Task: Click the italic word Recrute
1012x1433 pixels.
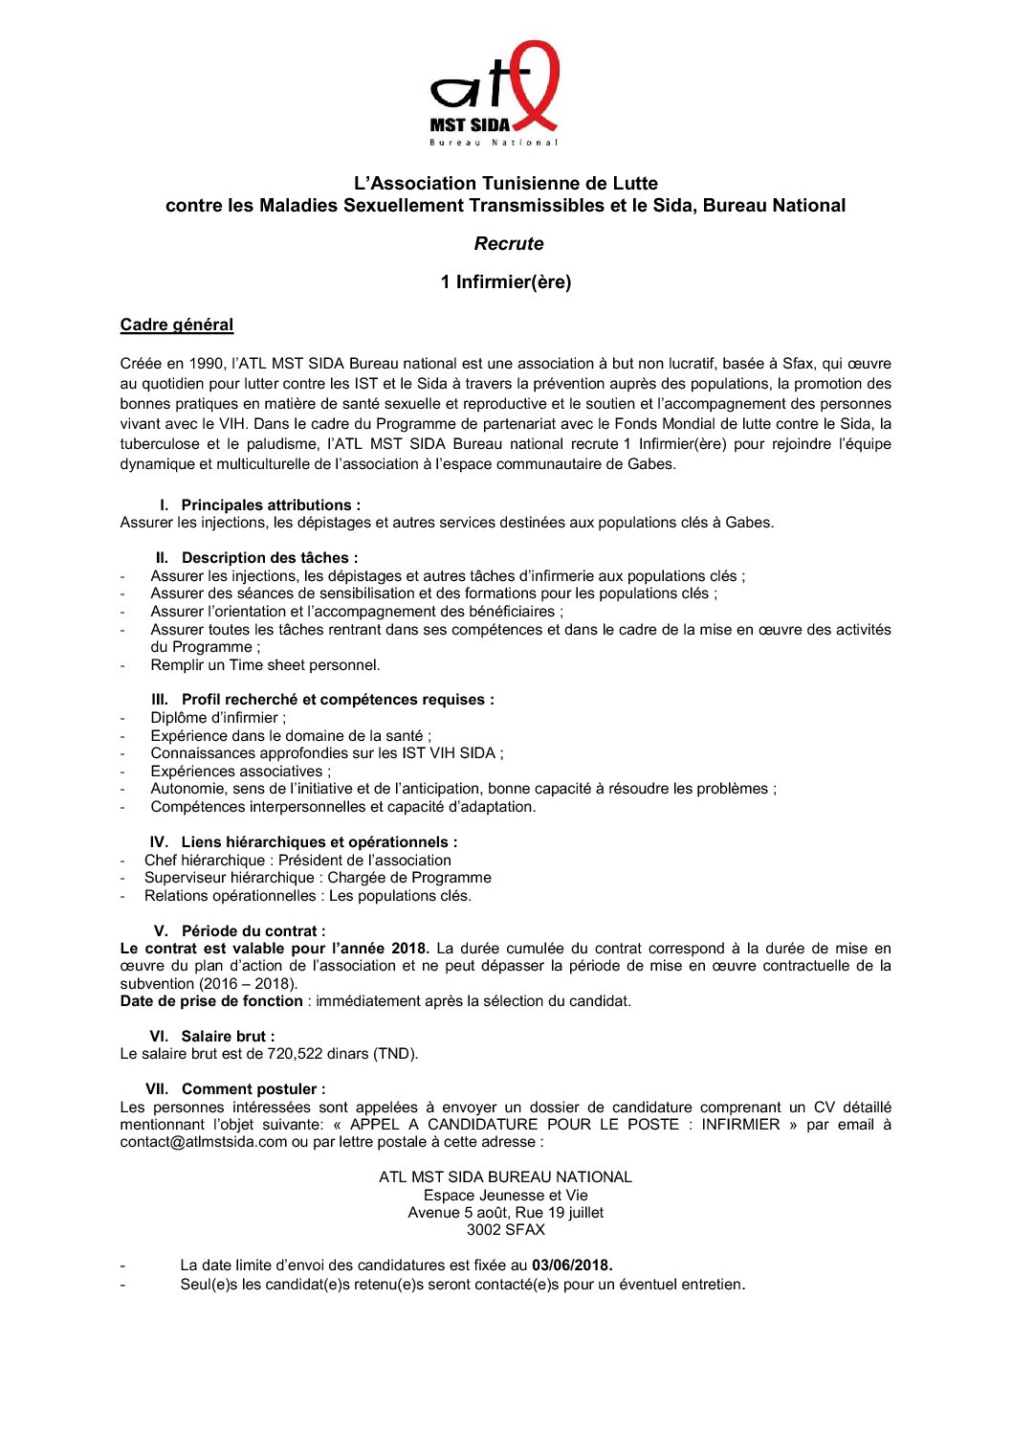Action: [509, 244]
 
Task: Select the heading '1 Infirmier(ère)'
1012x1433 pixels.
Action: [506, 282]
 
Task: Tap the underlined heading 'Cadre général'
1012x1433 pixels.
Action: [177, 325]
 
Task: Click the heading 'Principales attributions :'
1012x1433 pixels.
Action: [271, 505]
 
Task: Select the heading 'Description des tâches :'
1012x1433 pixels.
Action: [270, 558]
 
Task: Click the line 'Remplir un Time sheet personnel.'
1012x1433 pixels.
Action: [265, 665]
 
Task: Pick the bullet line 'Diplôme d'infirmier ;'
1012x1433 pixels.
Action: [218, 718]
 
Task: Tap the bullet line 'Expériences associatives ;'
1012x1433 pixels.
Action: [241, 772]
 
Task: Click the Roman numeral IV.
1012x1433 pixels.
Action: [159, 842]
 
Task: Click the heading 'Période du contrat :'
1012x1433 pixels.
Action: [253, 931]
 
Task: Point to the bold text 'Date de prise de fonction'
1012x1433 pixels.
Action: [211, 1001]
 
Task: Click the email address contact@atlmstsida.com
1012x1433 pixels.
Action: [204, 1142]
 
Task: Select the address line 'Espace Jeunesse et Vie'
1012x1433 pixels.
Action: [506, 1196]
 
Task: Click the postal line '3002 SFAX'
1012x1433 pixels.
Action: [506, 1230]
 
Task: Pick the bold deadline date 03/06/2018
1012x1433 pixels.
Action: [572, 1265]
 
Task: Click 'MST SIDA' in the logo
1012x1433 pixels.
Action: [470, 125]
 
